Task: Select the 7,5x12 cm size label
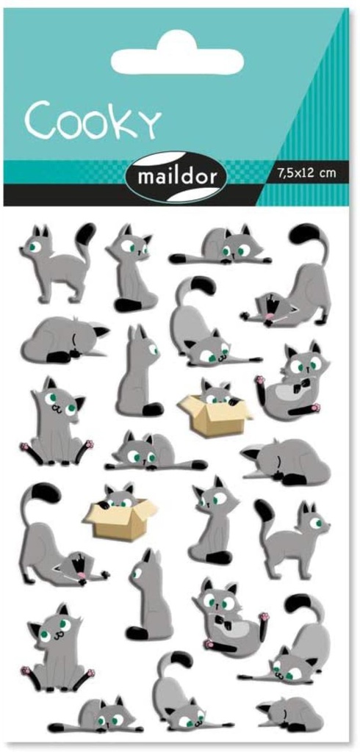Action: pyautogui.click(x=306, y=173)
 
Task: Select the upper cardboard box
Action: pyautogui.click(x=215, y=414)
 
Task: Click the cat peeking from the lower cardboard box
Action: pyautogui.click(x=118, y=498)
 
